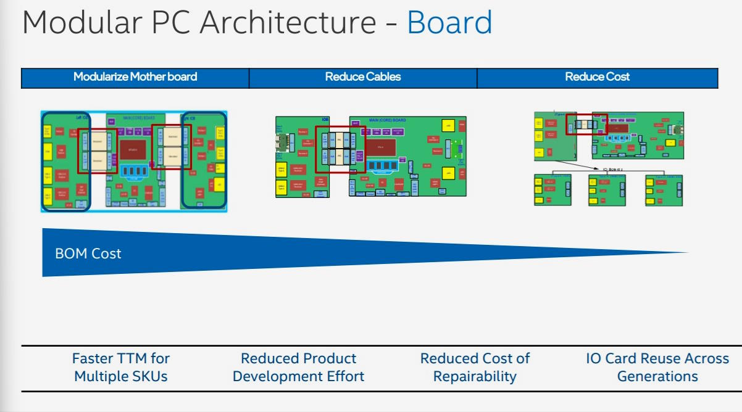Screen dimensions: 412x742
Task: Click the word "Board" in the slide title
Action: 449,23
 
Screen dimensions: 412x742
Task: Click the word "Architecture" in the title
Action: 288,23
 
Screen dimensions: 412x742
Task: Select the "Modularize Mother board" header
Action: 135,77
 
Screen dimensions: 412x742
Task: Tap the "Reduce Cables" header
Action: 363,77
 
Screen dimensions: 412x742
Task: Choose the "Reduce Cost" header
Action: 598,77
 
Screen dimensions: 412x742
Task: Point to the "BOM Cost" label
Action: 88,253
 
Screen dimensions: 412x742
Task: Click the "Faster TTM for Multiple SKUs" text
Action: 121,367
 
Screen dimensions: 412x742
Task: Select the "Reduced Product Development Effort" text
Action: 299,367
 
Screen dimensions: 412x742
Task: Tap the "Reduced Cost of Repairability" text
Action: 475,367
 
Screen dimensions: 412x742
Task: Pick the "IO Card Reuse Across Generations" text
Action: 657,367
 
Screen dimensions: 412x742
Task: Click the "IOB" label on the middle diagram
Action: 325,120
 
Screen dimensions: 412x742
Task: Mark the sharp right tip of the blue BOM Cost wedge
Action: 688,252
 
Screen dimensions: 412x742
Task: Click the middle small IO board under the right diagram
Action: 607,189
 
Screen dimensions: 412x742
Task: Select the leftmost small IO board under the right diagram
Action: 552,189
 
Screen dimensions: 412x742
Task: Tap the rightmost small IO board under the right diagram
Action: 664,189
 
